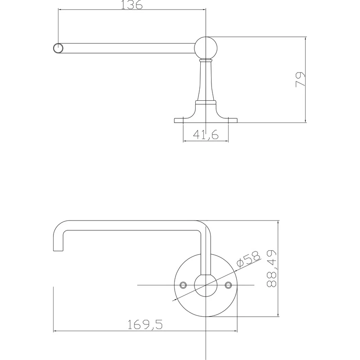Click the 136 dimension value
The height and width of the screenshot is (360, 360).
click(x=131, y=4)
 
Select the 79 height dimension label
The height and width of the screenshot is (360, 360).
click(x=300, y=80)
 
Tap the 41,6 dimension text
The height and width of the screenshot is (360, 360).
click(x=206, y=135)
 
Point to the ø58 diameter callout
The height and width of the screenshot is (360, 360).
click(x=249, y=259)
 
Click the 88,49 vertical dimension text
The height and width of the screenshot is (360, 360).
click(x=272, y=269)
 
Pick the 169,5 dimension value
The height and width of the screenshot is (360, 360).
click(x=145, y=324)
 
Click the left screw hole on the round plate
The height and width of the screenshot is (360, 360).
click(x=183, y=285)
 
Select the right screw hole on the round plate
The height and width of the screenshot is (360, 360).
click(x=228, y=285)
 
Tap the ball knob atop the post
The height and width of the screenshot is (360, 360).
click(x=206, y=48)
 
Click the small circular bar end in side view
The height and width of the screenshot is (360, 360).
click(x=58, y=48)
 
